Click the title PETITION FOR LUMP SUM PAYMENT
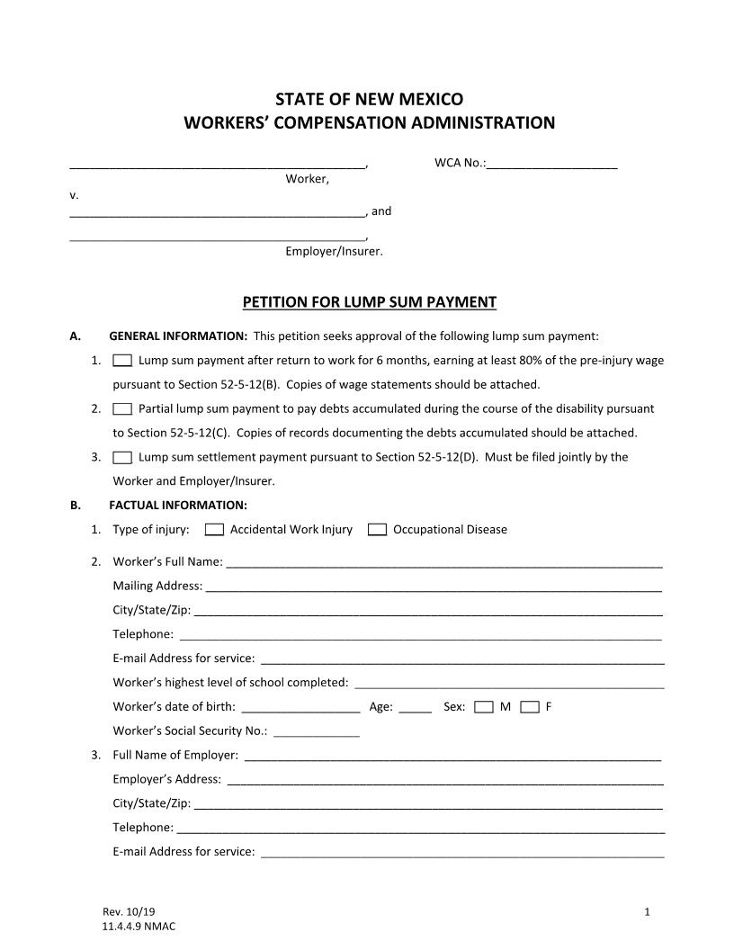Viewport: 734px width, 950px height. (x=370, y=302)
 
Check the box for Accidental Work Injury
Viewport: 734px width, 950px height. (x=214, y=530)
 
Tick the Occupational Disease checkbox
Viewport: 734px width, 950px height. (x=378, y=530)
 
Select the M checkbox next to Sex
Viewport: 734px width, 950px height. (x=484, y=707)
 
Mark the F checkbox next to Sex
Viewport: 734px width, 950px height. (x=530, y=707)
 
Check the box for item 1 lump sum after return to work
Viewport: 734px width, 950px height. (x=123, y=361)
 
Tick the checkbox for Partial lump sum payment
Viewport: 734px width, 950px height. (x=123, y=408)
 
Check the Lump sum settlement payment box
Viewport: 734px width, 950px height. (x=123, y=457)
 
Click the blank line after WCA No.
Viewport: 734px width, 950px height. (x=551, y=165)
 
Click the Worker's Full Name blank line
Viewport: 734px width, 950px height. (x=443, y=563)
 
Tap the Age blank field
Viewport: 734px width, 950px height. (x=415, y=708)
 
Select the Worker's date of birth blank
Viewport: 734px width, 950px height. (x=301, y=708)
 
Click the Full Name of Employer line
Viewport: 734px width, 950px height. (x=452, y=757)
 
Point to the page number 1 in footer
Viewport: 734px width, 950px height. (x=647, y=912)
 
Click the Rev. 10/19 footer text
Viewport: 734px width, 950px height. (x=122, y=912)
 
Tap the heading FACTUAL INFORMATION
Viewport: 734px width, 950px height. (x=178, y=506)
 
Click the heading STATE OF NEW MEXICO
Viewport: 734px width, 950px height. (x=370, y=99)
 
